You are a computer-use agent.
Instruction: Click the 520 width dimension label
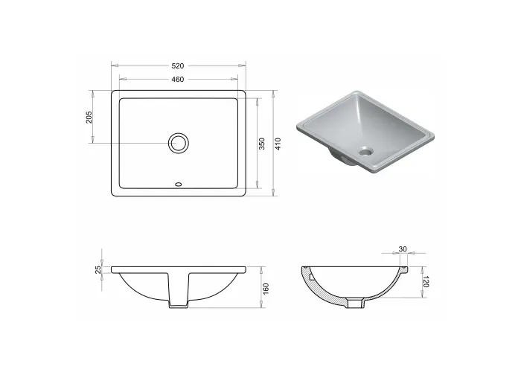pyautogui.click(x=178, y=65)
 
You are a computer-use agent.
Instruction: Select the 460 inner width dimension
pyautogui.click(x=178, y=80)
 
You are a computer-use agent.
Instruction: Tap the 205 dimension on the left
pyautogui.click(x=89, y=118)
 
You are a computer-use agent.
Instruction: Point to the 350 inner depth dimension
pyautogui.click(x=262, y=144)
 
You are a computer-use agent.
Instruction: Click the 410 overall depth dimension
pyautogui.click(x=278, y=144)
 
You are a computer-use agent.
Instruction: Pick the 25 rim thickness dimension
pyautogui.click(x=98, y=269)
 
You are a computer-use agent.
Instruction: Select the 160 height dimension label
pyautogui.click(x=266, y=289)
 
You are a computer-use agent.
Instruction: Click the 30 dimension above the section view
pyautogui.click(x=403, y=249)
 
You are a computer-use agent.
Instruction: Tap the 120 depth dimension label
pyautogui.click(x=426, y=281)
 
